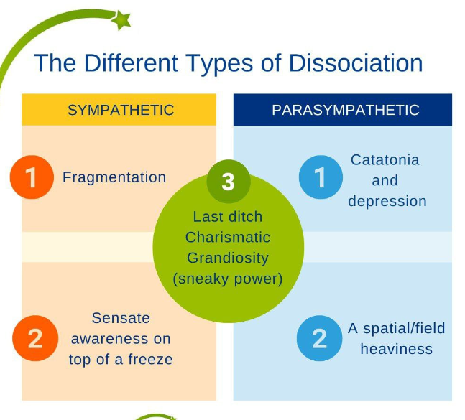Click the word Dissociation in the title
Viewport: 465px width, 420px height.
click(356, 63)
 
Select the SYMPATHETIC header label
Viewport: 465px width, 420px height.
click(121, 110)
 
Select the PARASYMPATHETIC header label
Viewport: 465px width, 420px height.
click(345, 110)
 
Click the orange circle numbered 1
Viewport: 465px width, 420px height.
click(32, 177)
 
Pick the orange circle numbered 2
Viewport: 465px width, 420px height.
click(34, 337)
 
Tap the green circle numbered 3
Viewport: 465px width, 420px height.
click(228, 182)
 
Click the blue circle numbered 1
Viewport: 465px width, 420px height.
click(321, 177)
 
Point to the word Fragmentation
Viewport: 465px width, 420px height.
click(114, 177)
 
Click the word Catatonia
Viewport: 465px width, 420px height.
click(385, 160)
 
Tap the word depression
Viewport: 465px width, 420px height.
click(387, 202)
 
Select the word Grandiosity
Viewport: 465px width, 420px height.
click(227, 257)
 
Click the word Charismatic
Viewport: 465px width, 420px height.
click(228, 237)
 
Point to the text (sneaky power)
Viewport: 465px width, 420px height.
click(228, 278)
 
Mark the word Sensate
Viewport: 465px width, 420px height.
click(121, 317)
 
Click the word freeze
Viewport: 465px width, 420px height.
click(149, 359)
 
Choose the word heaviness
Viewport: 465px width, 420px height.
click(396, 350)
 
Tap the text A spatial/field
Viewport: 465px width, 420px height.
click(397, 329)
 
